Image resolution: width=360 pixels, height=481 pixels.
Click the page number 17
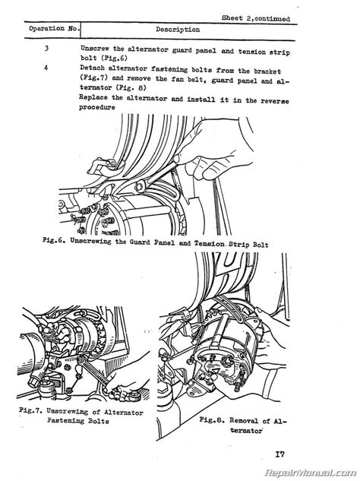click(x=279, y=454)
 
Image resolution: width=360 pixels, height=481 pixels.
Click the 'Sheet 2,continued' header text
click(x=256, y=18)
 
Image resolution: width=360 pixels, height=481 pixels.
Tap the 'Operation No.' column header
click(x=54, y=29)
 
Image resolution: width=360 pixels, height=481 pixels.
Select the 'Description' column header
click(x=178, y=30)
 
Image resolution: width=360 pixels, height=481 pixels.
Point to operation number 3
click(x=46, y=48)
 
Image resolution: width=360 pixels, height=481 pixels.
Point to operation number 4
click(x=46, y=68)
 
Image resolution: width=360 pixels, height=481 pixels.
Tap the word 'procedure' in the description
click(x=97, y=107)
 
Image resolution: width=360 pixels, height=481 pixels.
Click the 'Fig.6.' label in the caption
click(x=54, y=240)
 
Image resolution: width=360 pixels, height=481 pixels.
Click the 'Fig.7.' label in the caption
click(x=30, y=410)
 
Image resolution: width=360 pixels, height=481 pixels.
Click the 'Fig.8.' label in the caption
click(x=212, y=419)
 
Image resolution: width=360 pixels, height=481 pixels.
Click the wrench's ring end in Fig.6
click(x=141, y=186)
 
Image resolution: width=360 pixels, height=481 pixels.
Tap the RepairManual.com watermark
click(x=311, y=473)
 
